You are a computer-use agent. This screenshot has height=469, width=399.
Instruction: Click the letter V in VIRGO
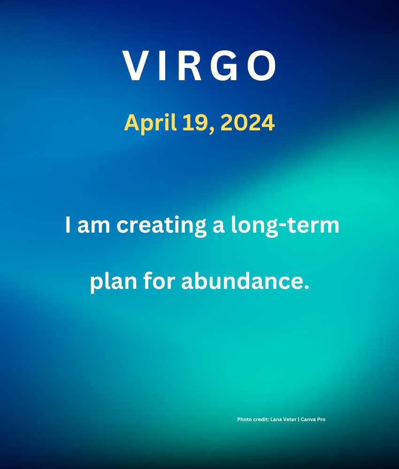137,66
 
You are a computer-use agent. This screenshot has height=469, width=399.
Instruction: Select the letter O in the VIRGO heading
261,66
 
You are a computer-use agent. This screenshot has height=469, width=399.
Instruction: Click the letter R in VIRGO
190,66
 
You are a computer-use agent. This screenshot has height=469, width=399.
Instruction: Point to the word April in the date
150,123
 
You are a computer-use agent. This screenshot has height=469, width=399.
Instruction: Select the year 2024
247,122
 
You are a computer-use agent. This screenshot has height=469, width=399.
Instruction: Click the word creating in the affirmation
161,226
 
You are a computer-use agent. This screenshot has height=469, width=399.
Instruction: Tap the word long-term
285,226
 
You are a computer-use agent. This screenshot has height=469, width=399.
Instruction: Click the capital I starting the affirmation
68,225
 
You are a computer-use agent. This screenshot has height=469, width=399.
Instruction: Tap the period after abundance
306,287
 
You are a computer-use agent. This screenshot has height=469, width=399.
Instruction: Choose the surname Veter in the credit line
290,419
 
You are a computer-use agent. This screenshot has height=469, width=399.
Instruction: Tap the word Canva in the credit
307,419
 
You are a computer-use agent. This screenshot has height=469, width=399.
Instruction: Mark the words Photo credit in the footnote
253,419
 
